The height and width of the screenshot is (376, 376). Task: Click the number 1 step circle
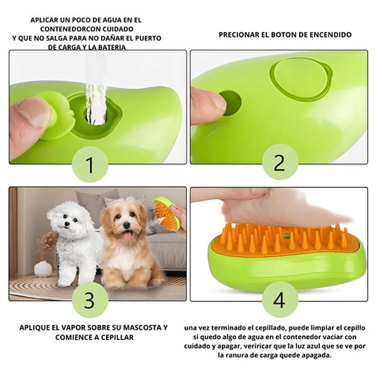pos(90,165)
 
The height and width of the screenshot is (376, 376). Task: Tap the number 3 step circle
pos(90,300)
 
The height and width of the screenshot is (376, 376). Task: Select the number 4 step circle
pos(279,300)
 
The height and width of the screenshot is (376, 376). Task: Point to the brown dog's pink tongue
pos(128,235)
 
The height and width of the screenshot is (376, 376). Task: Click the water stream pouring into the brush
pos(96,86)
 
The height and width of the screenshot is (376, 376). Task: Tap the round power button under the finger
pos(229,102)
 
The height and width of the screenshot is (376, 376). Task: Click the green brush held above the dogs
pos(165,213)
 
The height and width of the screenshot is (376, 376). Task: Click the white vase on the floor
pos(43,268)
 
